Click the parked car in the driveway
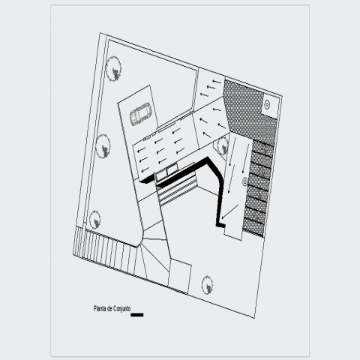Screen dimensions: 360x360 point(139,114)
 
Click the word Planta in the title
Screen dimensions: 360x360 point(100,308)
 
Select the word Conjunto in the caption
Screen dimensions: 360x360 point(121,309)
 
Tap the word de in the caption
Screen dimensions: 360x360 point(109,309)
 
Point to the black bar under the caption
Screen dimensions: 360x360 point(137,315)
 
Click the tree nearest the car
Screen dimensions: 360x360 point(113,68)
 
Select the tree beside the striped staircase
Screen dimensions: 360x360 point(95,220)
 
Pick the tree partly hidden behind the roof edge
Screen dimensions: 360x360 point(222,146)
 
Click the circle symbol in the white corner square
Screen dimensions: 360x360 point(267,104)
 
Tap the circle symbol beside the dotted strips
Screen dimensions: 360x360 point(244,181)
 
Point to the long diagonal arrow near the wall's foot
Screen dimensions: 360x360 point(230,211)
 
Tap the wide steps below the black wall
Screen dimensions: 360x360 point(178,190)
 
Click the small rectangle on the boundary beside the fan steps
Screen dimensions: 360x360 point(179,276)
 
